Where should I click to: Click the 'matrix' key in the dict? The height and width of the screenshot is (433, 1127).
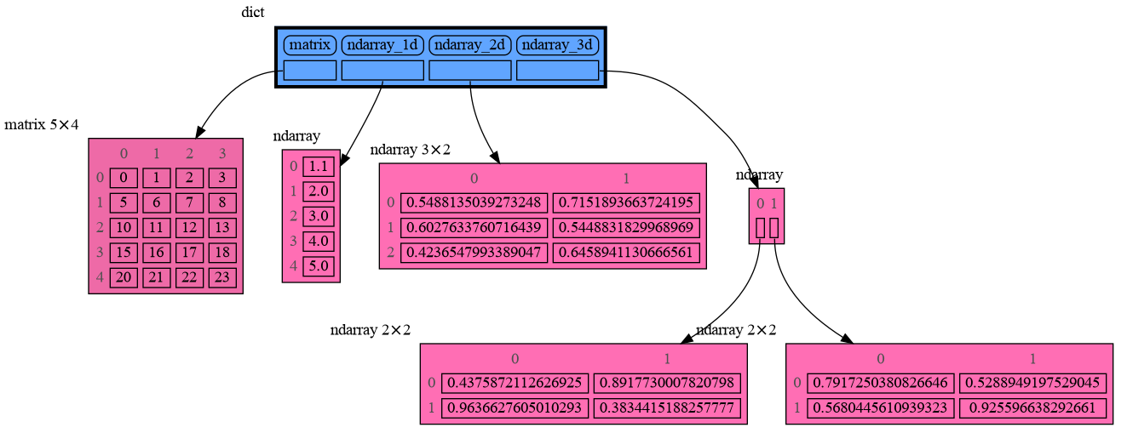pos(309,44)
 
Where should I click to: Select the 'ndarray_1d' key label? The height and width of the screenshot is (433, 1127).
pos(382,44)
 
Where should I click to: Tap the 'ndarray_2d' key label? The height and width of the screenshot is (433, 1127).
pos(469,44)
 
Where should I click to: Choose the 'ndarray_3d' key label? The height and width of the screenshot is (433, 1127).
pos(558,44)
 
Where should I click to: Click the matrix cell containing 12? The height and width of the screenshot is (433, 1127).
pos(189,227)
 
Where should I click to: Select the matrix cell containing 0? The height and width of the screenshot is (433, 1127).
pos(124,178)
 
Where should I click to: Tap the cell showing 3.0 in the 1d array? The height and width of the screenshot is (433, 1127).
pos(318,215)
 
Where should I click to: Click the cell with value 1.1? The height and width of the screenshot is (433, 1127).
pos(318,166)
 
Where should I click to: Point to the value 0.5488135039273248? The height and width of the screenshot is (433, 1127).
pos(474,202)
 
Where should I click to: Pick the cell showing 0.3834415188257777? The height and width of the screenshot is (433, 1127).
pos(667,407)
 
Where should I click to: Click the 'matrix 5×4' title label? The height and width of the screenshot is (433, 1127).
pos(42,125)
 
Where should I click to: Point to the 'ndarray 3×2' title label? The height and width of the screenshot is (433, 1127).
pos(410,150)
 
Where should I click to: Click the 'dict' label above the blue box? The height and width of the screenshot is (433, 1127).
pos(253,12)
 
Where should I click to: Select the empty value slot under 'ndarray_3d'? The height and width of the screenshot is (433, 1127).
pos(558,71)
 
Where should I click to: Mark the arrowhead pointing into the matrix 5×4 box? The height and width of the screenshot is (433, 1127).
pos(199,131)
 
